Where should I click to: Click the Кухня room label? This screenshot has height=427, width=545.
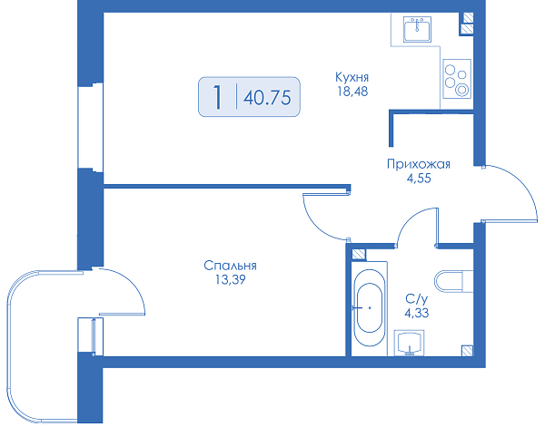(x=352, y=77)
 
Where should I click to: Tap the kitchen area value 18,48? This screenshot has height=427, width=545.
(x=352, y=92)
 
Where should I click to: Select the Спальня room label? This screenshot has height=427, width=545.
(x=230, y=266)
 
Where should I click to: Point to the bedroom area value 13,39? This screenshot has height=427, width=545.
(x=231, y=279)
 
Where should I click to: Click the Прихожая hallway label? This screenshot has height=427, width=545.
(x=419, y=164)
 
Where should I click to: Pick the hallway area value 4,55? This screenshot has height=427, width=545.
(x=419, y=179)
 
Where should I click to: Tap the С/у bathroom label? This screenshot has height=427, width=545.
(x=417, y=298)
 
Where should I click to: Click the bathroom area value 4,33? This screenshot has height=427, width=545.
(x=416, y=314)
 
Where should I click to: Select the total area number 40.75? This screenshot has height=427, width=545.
(x=267, y=98)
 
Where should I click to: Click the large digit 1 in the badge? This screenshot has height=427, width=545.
(x=218, y=97)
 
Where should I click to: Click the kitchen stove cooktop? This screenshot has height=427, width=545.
(x=457, y=79)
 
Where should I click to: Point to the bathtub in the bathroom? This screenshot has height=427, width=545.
(x=370, y=308)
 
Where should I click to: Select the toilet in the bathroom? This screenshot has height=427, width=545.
(x=453, y=281)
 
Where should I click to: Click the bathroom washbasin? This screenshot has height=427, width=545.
(x=410, y=343)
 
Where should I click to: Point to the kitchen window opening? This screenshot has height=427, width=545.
(x=90, y=127)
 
